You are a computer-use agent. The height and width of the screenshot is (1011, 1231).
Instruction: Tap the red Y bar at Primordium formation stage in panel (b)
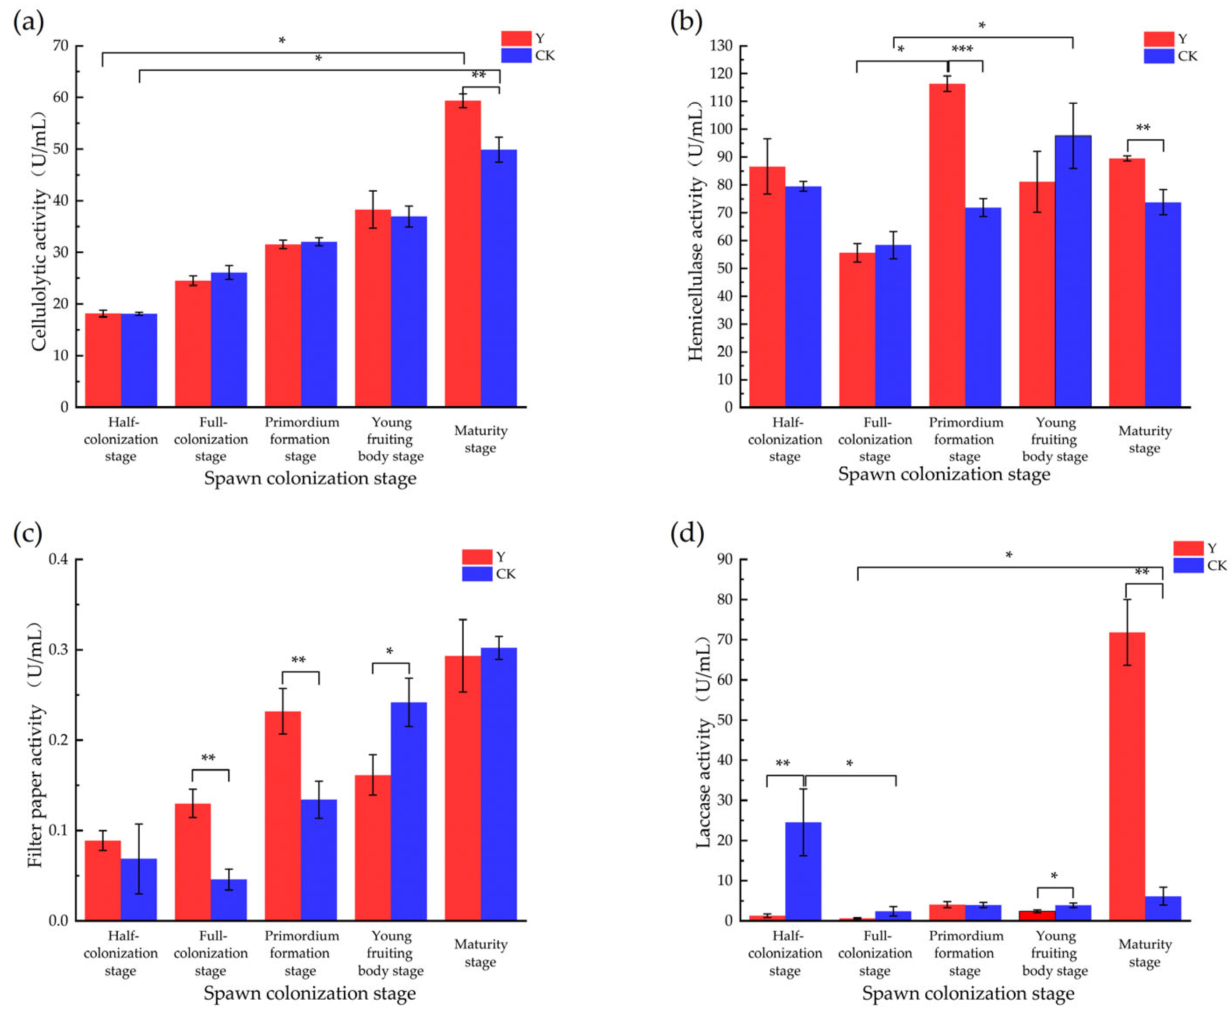[947, 245]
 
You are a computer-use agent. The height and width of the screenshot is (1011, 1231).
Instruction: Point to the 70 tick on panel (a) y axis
[60, 46]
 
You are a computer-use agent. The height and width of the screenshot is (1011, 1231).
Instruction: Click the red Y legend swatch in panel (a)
[516, 39]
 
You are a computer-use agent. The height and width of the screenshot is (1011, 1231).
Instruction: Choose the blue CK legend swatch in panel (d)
[1188, 565]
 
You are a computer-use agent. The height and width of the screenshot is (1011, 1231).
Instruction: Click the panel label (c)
[28, 535]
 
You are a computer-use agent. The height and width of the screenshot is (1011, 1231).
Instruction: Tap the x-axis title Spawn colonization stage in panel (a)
[310, 479]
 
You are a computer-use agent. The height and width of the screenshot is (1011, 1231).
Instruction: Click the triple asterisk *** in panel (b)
[962, 49]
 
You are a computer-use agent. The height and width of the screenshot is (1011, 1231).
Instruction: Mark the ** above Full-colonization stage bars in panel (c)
[208, 758]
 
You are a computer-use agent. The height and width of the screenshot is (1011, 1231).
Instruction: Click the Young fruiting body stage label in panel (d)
[1055, 953]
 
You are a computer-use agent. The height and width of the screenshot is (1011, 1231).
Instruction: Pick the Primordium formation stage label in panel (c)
[301, 953]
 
